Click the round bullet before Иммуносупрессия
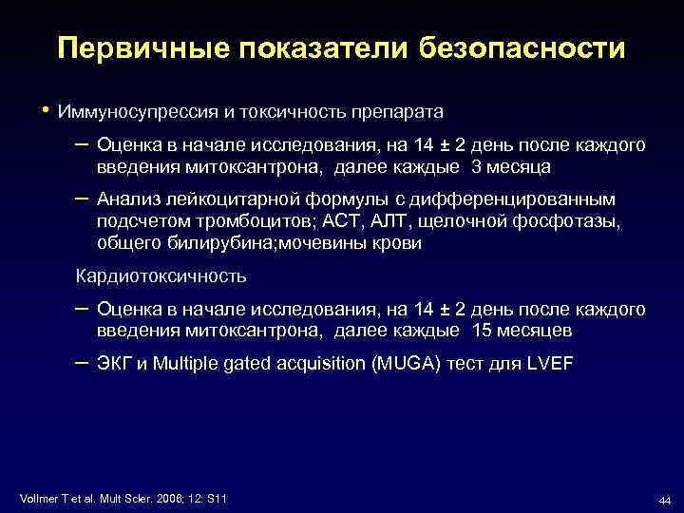click(x=44, y=111)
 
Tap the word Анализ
click(x=127, y=200)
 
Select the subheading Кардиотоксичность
click(x=161, y=276)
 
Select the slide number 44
click(x=664, y=501)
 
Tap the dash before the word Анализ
click(x=82, y=199)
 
